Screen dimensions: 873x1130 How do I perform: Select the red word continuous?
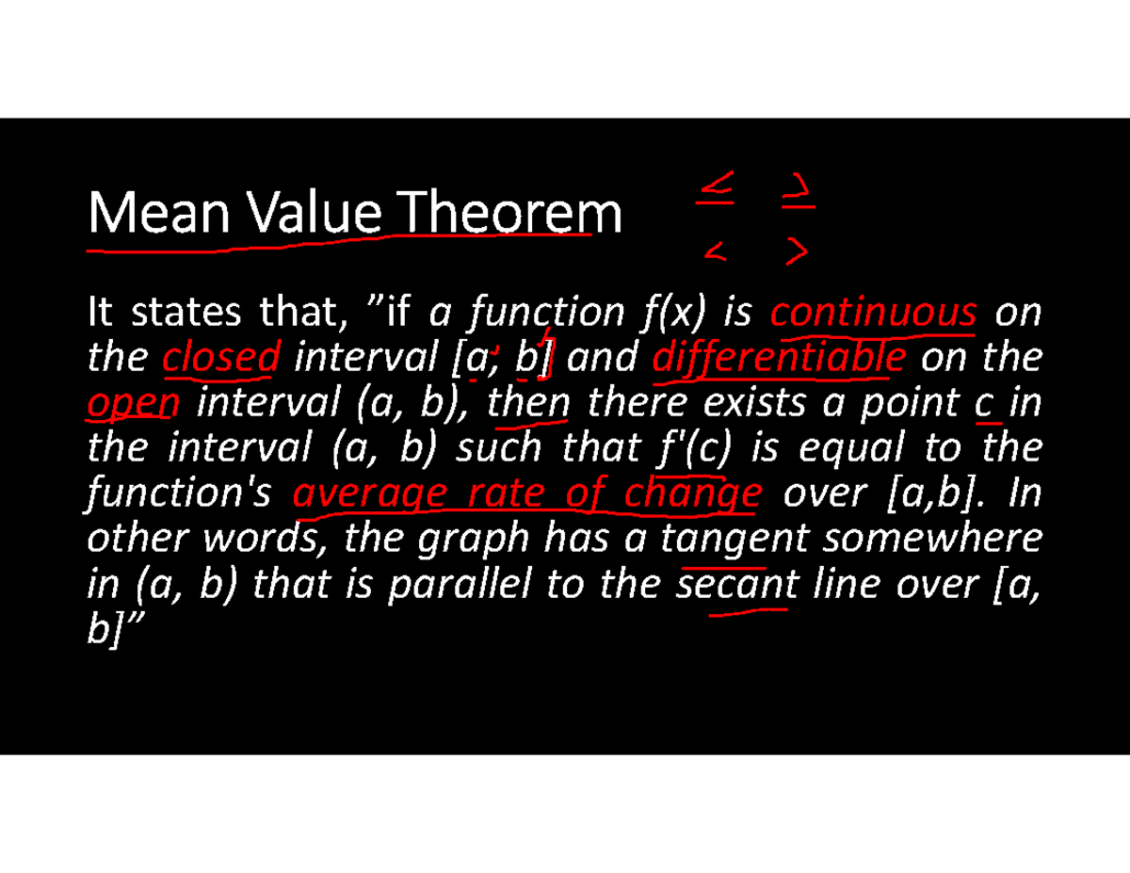pos(873,313)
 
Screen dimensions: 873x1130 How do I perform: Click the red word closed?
pos(221,358)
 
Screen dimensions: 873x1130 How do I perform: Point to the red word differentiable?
pos(779,358)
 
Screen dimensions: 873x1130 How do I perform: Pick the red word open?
pos(133,405)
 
